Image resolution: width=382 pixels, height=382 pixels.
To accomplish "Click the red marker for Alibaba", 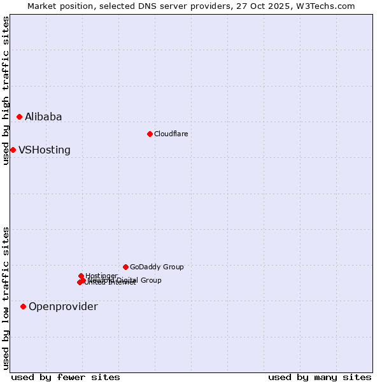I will coord(19,117).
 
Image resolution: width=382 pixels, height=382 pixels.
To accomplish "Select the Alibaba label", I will coord(43,117).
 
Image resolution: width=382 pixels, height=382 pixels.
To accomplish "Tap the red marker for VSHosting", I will coord(13,150).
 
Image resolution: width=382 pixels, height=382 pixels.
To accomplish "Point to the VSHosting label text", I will coord(45,150).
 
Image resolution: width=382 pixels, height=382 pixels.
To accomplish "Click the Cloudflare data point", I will coord(150,134).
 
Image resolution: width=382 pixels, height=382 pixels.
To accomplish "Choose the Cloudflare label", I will coord(171,134).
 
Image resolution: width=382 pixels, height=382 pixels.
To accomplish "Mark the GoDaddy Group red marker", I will coord(125,267).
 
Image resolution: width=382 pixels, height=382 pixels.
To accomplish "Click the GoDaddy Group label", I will coord(157,267).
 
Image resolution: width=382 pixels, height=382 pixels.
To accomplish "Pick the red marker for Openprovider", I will coord(23,306).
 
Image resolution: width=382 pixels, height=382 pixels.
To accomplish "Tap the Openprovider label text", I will coord(63,307).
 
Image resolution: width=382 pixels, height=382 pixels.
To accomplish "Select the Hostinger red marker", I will coord(81,276).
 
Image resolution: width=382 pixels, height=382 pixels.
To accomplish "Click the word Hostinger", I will coord(102,276).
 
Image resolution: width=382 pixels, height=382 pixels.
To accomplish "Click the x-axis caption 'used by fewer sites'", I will coord(66,377).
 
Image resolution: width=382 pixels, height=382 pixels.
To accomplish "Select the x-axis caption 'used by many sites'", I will coord(320,377).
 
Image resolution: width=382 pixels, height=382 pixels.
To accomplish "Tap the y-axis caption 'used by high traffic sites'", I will coord(6,90).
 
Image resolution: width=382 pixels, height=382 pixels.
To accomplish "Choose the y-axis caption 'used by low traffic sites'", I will coord(6,298).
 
